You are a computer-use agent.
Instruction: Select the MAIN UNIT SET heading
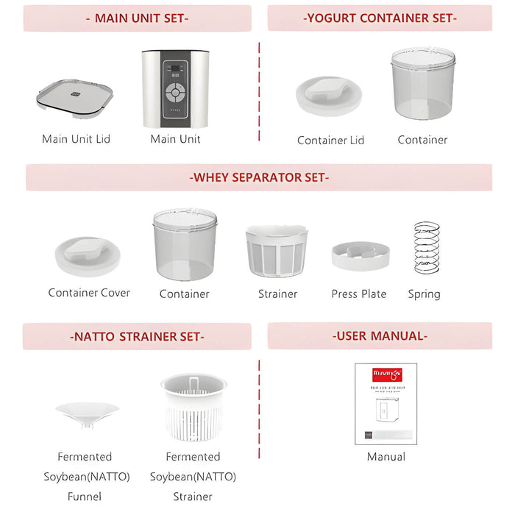pos(137,18)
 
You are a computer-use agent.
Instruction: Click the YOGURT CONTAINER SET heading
pos(380,18)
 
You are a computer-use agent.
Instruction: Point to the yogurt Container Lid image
pos(329,96)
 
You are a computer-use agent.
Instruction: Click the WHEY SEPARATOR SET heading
pos(259,177)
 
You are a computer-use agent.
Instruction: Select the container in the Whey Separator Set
pos(185,244)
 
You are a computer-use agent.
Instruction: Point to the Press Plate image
pos(360,255)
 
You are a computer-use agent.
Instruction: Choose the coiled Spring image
pos(427,248)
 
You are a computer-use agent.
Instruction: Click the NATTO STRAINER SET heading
pos(137,337)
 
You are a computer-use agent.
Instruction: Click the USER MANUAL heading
pos(380,336)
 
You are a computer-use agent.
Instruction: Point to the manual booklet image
pos(386,403)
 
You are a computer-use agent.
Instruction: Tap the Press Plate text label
pos(359,294)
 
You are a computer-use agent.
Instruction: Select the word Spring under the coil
pos(424,294)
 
